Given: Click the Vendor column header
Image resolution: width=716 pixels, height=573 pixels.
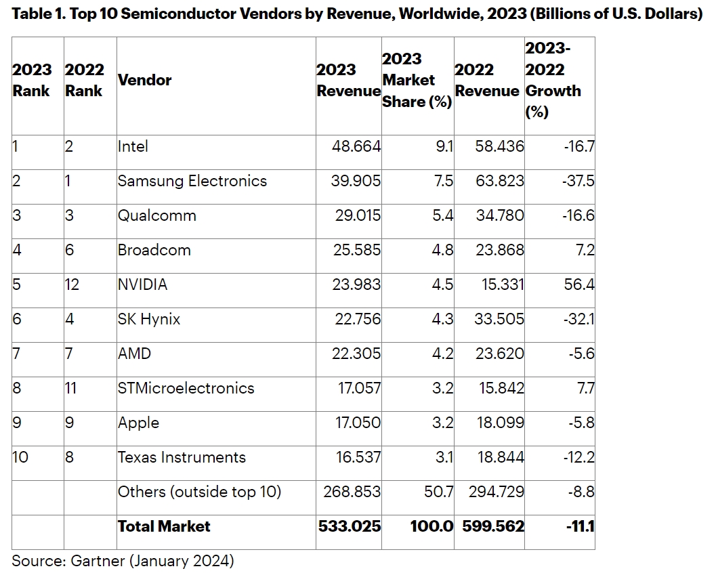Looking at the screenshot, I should [x=144, y=80].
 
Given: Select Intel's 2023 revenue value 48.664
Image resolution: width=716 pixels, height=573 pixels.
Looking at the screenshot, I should [x=356, y=146].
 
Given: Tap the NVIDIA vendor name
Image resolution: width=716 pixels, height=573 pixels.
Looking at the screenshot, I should [x=142, y=284].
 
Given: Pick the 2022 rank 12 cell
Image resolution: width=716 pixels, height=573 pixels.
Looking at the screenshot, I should [x=72, y=284].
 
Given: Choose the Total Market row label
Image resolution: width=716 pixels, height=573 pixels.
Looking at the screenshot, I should [x=164, y=526].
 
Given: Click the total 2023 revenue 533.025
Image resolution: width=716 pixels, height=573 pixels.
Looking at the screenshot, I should [x=350, y=526].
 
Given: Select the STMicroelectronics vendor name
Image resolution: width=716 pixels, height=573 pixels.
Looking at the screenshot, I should [x=186, y=388].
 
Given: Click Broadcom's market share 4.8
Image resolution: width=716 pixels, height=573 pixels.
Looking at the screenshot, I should [x=442, y=250].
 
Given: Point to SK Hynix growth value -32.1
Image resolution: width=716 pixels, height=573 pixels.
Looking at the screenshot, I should [x=578, y=319].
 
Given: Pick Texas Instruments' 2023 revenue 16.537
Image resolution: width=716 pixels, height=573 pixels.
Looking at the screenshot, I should [x=358, y=457].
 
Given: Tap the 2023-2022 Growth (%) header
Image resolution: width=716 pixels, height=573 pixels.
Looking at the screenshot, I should [x=553, y=80].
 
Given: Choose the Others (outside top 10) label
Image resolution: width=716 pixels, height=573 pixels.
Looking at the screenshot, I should [x=199, y=492].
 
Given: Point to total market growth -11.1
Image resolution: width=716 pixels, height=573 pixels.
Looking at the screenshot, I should [x=580, y=526].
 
